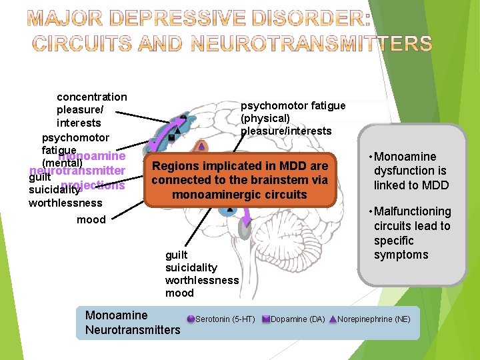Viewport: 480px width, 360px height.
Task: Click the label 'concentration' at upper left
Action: point(92,97)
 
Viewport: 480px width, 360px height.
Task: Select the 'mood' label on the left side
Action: point(91,219)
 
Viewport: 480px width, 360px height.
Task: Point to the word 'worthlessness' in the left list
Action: point(65,203)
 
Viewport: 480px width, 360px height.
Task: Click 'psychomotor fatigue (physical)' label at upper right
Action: point(293,112)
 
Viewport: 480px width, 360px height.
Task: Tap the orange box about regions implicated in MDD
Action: point(240,180)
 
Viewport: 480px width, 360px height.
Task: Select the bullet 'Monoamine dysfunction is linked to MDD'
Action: point(410,171)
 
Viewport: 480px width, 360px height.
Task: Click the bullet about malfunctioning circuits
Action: point(411,233)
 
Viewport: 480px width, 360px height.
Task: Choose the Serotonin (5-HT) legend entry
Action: point(225,319)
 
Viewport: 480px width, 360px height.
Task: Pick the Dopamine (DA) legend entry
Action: point(297,319)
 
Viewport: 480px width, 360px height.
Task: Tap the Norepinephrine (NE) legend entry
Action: point(373,319)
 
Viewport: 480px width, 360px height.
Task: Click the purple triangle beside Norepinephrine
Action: point(333,319)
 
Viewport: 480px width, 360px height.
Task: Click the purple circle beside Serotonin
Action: point(191,319)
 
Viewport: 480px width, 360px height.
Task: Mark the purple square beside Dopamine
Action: point(265,319)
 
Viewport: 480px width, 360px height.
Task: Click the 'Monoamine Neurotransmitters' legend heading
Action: point(133,322)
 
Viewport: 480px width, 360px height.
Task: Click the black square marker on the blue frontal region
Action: point(171,137)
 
